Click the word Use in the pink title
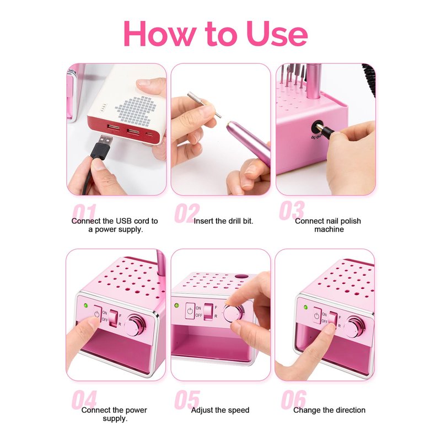point(277,34)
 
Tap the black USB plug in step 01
point(103,147)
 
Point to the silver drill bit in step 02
point(205,104)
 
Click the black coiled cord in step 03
point(369,79)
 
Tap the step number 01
point(84,213)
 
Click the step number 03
point(292,210)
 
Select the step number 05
point(187,400)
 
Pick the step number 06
point(294,399)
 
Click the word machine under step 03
point(329,229)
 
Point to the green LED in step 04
point(86,305)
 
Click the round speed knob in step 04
point(135,326)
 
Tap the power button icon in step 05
point(190,311)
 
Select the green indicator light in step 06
point(305,307)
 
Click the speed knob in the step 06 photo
point(354,327)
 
